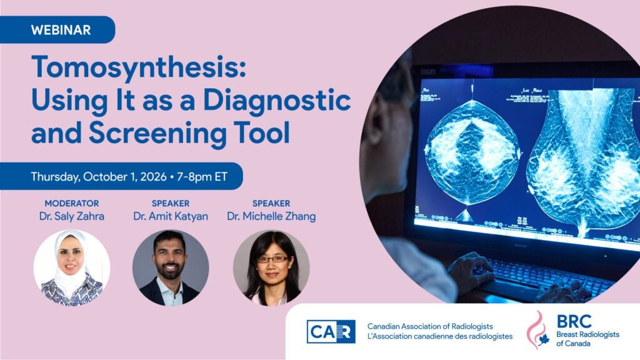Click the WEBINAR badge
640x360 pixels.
57,30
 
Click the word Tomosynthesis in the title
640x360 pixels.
138,67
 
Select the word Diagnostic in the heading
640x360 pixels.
277,101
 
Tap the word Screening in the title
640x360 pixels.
158,132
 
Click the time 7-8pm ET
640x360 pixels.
202,177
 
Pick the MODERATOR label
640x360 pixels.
72,203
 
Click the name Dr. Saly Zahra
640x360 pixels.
72,216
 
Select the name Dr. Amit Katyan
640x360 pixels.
171,216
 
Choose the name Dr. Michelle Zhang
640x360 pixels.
271,216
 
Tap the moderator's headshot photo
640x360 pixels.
71,267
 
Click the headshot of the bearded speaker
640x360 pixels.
171,267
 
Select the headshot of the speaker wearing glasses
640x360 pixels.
271,267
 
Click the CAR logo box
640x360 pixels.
331,331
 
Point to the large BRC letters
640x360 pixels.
574,322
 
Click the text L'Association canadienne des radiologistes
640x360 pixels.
440,337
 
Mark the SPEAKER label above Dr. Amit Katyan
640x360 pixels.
171,203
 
